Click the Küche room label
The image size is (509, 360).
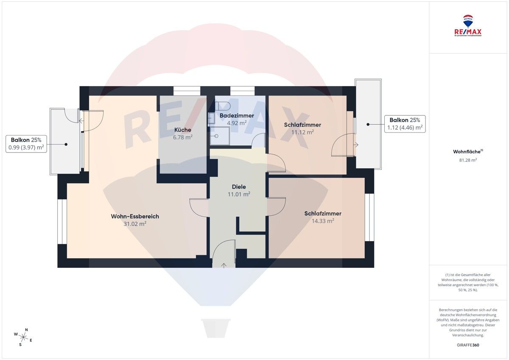pos(182,130)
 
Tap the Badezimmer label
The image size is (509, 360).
pos(237,115)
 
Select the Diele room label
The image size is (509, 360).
pos(239,187)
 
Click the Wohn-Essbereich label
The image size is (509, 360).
pos(135,217)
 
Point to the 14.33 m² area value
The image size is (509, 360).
pos(323,221)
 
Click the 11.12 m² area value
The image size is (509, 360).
pos(302,132)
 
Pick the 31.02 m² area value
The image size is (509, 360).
pos(135,224)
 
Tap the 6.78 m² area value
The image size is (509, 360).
pos(182,137)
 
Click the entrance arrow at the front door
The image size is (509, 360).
pos(224,265)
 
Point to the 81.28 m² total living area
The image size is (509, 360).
pos(468,160)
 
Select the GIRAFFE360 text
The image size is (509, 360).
pos(468,345)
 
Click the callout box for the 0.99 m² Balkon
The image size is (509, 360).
pos(26,144)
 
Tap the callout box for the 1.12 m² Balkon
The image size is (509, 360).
pos(405,124)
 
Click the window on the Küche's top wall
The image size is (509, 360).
pos(187,90)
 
